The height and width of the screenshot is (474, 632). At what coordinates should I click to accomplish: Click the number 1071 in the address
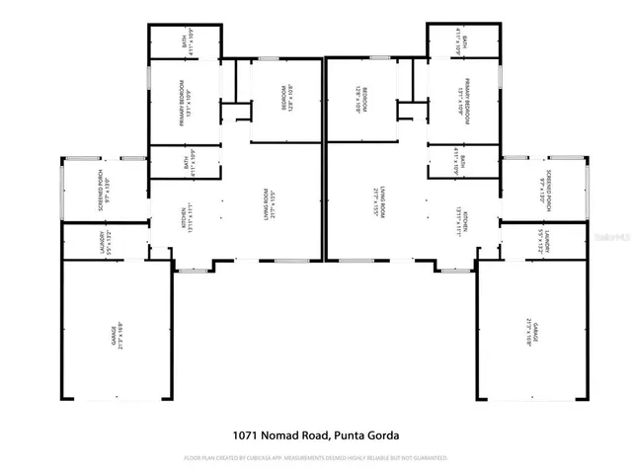coord(248,434)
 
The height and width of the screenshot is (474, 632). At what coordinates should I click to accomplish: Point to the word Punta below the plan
coord(356,434)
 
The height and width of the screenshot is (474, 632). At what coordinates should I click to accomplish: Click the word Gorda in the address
coord(390,434)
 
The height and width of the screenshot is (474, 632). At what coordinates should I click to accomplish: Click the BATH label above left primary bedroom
coord(184,42)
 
